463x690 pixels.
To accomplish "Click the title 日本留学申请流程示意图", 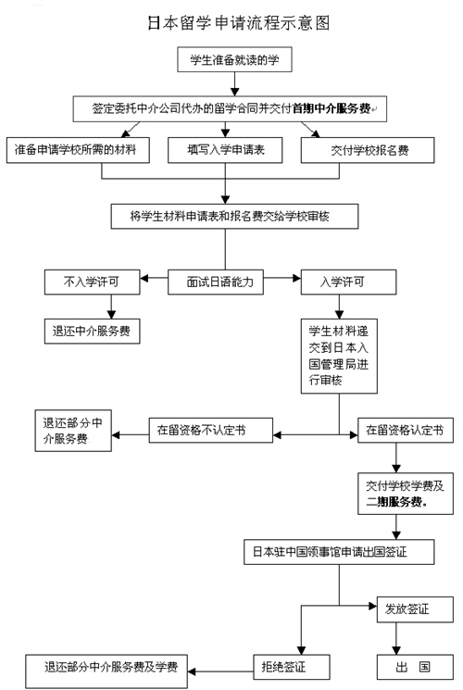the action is (238, 23).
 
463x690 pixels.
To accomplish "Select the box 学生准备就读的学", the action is (234, 59).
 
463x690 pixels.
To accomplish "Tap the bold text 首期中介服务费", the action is (332, 108).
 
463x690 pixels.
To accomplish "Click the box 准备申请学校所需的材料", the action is (78, 150).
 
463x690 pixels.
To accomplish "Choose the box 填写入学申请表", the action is (225, 150).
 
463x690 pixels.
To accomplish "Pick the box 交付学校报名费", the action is (368, 150).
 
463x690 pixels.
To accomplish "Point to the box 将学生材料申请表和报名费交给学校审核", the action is (234, 216).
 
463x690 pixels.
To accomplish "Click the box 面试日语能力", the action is (216, 282).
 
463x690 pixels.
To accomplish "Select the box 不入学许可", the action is (92, 282).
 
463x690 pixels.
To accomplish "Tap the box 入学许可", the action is (348, 282).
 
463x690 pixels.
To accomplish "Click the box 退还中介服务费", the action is (92, 331).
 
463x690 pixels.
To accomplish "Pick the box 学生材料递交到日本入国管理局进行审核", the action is (339, 356).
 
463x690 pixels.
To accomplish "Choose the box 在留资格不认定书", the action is (211, 430).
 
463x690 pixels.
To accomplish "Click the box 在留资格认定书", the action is (406, 430).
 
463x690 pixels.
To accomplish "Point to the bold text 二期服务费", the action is (396, 501).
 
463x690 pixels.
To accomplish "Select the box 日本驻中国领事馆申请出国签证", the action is (339, 552).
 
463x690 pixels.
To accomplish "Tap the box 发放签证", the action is (415, 609).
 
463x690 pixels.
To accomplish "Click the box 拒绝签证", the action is (292, 667).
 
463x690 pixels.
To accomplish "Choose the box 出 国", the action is (415, 667).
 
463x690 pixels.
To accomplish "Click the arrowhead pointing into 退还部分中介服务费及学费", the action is (192, 671).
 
